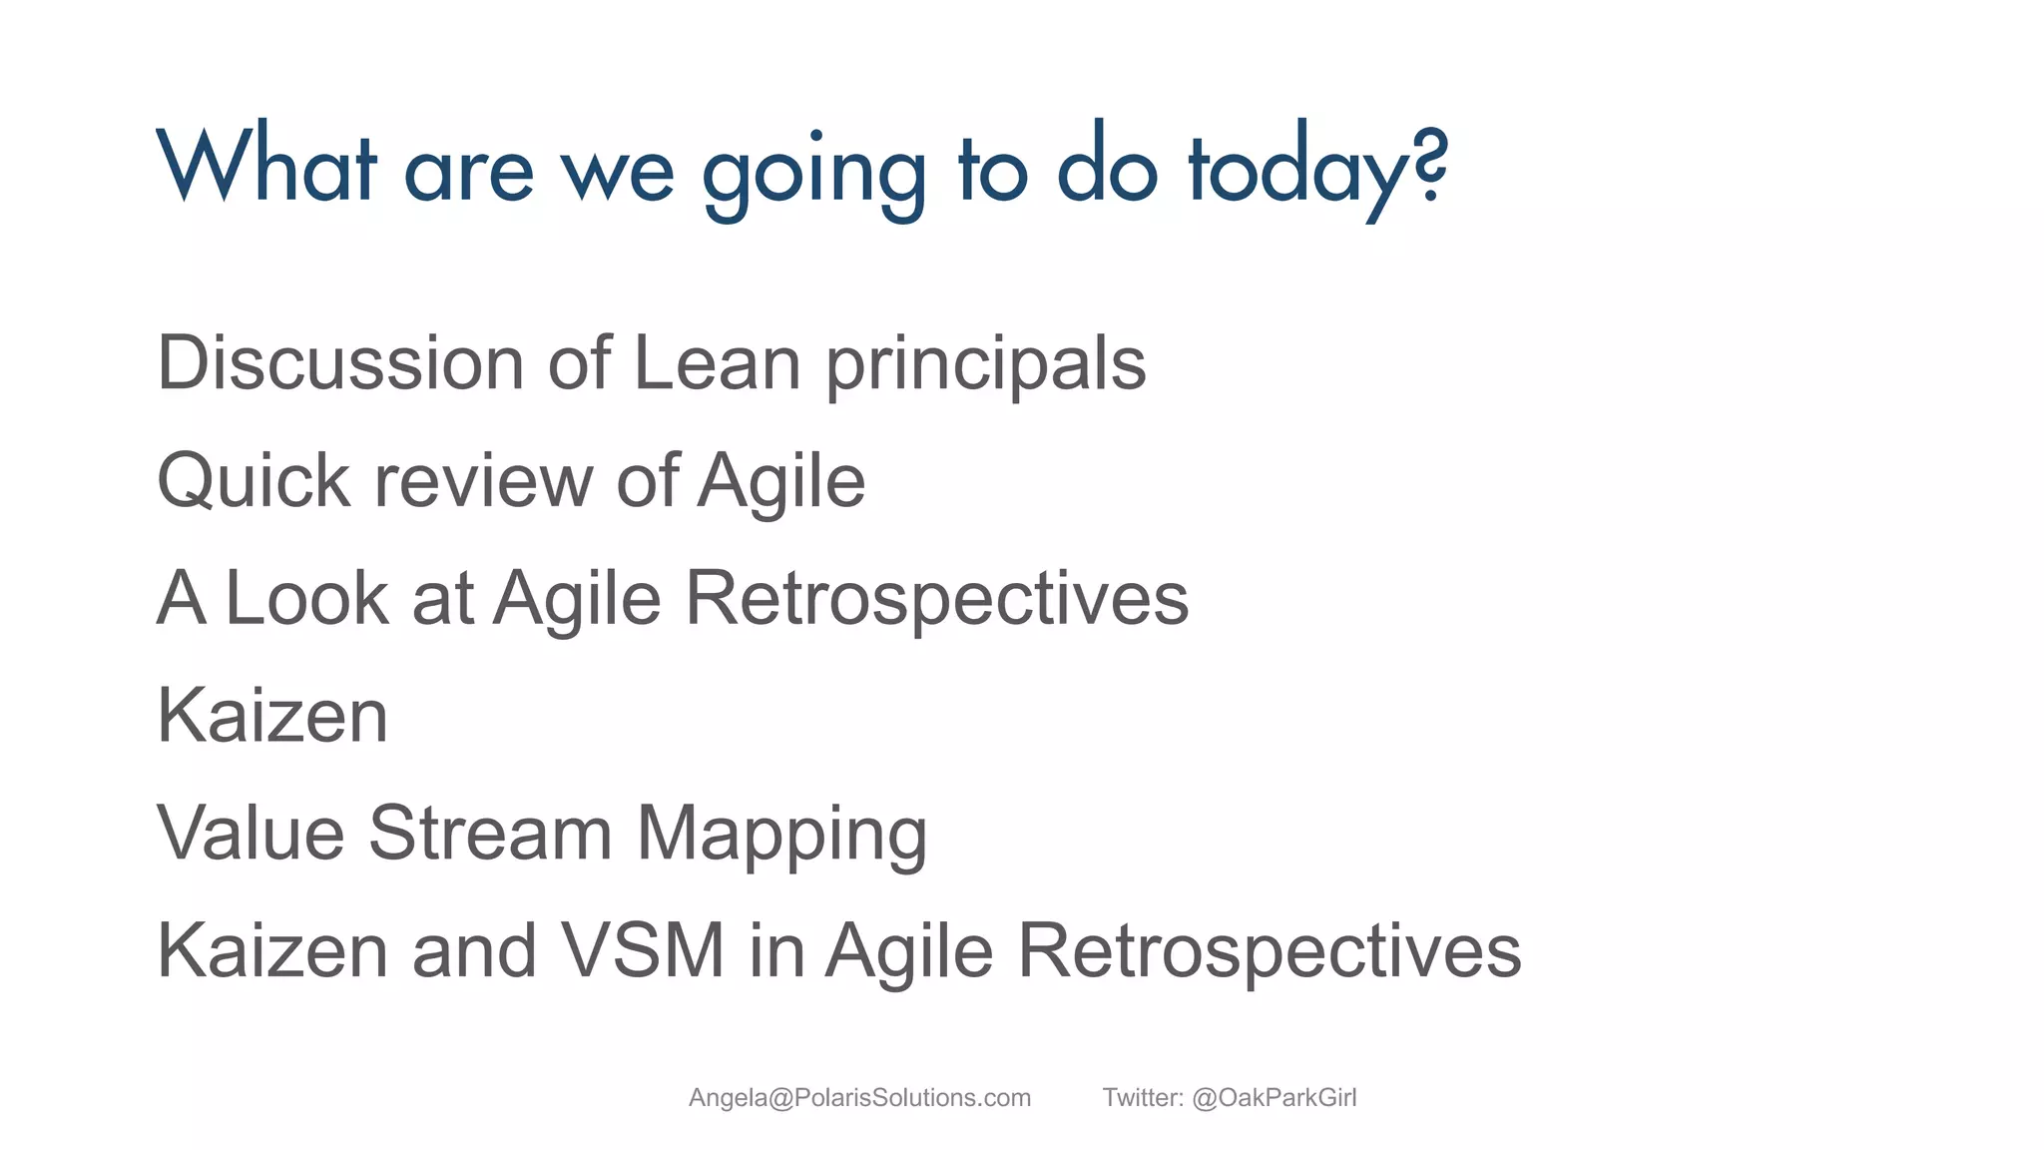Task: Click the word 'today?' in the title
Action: pyautogui.click(x=1315, y=168)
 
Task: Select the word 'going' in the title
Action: pyautogui.click(x=814, y=170)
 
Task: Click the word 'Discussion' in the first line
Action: pyautogui.click(x=340, y=362)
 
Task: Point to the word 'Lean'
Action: pyautogui.click(x=717, y=362)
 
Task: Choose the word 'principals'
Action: pyautogui.click(x=986, y=365)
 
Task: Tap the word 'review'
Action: pyautogui.click(x=483, y=481)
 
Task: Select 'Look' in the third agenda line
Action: pyautogui.click(x=306, y=598)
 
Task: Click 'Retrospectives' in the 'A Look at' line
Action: pyautogui.click(x=936, y=600)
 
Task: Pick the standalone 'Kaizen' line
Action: pyautogui.click(x=272, y=716)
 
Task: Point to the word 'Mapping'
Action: pyautogui.click(x=781, y=836)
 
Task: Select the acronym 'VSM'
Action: pyautogui.click(x=642, y=950)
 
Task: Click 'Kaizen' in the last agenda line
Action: pyautogui.click(x=272, y=950)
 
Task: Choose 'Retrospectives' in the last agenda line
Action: pyautogui.click(x=1269, y=952)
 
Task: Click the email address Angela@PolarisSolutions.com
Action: pyautogui.click(x=859, y=1098)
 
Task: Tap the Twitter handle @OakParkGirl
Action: pyautogui.click(x=1274, y=1098)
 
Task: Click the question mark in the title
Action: pyautogui.click(x=1431, y=166)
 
